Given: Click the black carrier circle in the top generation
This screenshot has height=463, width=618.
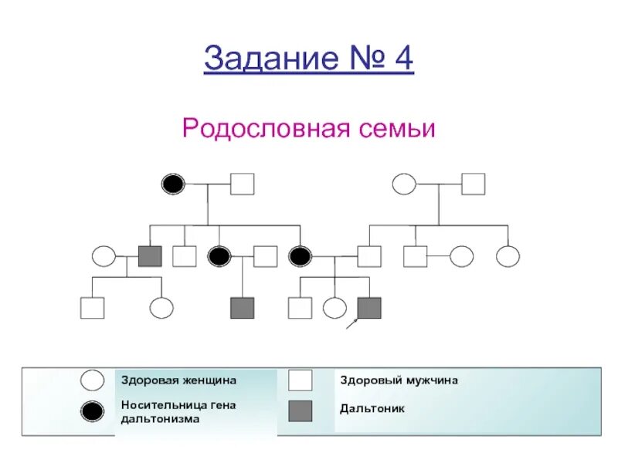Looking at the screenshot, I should click(x=174, y=184).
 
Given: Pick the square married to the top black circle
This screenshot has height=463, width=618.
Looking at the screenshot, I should click(x=242, y=184).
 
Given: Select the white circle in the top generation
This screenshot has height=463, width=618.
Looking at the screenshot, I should click(x=404, y=184).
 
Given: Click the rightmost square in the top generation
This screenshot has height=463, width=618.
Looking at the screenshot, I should click(x=473, y=184).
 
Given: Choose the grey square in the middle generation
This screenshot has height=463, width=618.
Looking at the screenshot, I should click(x=150, y=255).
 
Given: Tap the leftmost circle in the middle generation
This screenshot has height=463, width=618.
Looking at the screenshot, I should click(x=104, y=255).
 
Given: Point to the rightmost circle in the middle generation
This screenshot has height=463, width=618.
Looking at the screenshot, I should click(x=508, y=255).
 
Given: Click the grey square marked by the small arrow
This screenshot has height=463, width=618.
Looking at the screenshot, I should click(x=369, y=308).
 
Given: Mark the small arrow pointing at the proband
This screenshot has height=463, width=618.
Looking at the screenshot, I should click(x=351, y=325).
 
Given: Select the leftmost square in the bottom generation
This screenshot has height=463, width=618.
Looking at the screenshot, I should click(x=92, y=308).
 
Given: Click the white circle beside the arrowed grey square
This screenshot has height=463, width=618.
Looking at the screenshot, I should click(x=334, y=308).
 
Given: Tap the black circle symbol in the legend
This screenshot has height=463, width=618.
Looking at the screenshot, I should click(x=93, y=411).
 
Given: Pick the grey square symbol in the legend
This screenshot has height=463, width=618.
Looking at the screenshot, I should click(x=301, y=411).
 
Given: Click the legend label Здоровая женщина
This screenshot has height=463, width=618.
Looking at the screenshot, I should click(x=178, y=380).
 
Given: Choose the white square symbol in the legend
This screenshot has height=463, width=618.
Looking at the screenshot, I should click(x=301, y=380).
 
